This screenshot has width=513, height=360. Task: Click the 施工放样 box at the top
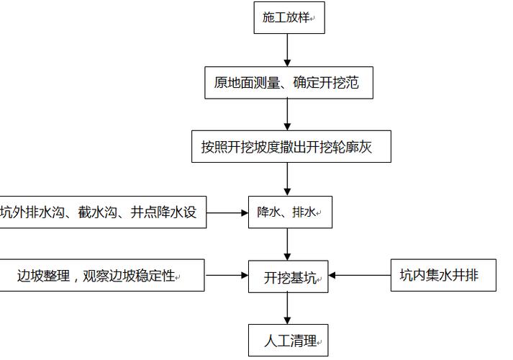click(289, 17)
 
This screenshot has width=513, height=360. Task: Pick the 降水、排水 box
click(290, 212)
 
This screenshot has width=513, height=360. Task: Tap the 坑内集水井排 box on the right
click(443, 275)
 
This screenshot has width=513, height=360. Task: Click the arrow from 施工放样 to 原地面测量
click(288, 50)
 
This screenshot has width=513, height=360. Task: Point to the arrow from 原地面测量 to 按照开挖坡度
click(288, 114)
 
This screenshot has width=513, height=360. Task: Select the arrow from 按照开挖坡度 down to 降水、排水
click(288, 180)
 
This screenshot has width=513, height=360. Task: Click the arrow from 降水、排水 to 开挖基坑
click(288, 245)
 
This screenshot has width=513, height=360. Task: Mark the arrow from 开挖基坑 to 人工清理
click(288, 309)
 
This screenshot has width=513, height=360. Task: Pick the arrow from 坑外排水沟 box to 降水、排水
click(227, 212)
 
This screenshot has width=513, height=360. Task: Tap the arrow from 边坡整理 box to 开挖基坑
click(227, 276)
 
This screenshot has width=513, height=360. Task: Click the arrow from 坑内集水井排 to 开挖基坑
click(360, 275)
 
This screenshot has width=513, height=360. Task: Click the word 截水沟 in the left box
click(96, 212)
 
